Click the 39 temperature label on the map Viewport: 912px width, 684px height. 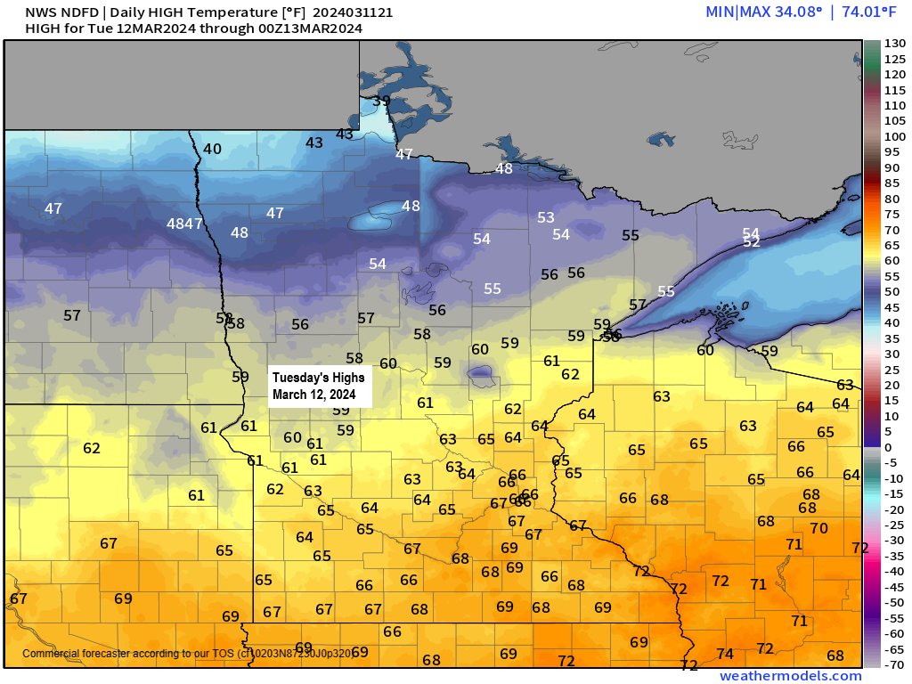(x=381, y=101)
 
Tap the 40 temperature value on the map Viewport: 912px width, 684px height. (x=212, y=149)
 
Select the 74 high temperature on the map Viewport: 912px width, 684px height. (x=725, y=654)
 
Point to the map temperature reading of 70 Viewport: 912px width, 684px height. (x=818, y=527)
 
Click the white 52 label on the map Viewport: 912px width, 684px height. (x=751, y=242)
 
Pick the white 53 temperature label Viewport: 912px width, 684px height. (x=546, y=217)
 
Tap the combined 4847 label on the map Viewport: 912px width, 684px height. (x=185, y=224)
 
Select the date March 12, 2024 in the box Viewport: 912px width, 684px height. (x=313, y=394)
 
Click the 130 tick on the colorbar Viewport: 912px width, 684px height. (x=894, y=44)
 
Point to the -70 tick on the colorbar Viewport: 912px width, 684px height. (x=894, y=664)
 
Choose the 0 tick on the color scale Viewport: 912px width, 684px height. (x=888, y=447)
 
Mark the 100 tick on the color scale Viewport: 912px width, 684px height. (x=894, y=136)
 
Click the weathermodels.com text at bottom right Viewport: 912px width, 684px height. (x=790, y=676)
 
